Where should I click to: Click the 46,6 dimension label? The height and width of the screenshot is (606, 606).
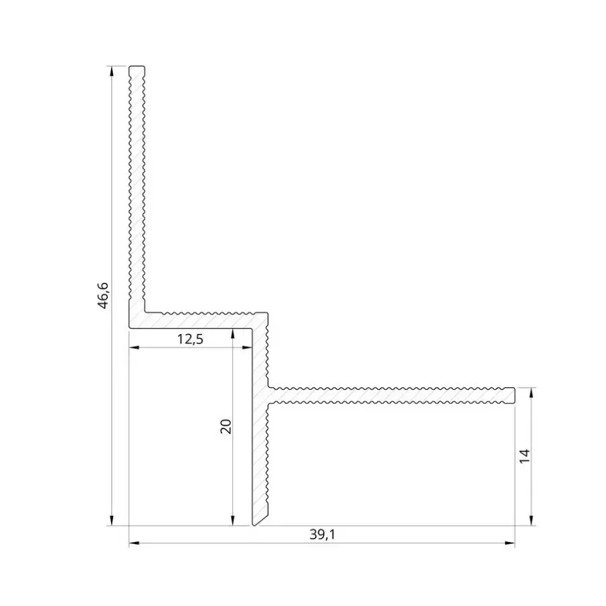103,296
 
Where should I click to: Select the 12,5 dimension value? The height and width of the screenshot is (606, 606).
190,339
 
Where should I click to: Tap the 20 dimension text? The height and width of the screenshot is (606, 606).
226,426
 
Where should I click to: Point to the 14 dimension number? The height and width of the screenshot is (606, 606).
524,457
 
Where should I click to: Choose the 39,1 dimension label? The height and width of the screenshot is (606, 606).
323,535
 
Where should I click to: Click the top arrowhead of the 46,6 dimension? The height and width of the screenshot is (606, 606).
112,71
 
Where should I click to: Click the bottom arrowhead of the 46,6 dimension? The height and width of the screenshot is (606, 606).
112,520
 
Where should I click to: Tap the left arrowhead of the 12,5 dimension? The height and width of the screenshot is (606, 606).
134,348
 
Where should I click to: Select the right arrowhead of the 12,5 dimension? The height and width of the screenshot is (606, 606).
247,348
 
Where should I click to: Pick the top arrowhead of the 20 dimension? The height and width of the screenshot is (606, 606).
233,334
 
